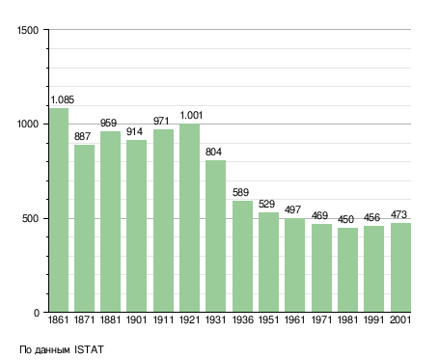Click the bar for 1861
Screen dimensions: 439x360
[59, 210]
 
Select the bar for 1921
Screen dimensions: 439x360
[189, 218]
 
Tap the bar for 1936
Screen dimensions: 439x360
[242, 257]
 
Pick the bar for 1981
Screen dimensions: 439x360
[347, 270]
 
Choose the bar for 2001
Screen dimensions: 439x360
[400, 267]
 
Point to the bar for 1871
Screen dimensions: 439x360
[84, 229]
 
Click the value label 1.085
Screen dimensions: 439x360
[63, 99]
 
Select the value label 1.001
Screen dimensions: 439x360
[191, 115]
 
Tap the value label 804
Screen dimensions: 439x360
[213, 152]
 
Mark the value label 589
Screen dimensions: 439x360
[240, 192]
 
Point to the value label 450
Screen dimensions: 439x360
[345, 219]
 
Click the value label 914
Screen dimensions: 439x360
[134, 131]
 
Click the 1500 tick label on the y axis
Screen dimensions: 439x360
[28, 30]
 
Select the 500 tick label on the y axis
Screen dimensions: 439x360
[30, 219]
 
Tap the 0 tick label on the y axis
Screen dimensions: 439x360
[37, 313]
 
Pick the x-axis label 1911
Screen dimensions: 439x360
[163, 320]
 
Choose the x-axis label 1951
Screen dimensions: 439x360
[268, 320]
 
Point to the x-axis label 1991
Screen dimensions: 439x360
[373, 320]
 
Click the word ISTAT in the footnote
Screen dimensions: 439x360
[89, 349]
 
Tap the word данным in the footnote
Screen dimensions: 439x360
[52, 350]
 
